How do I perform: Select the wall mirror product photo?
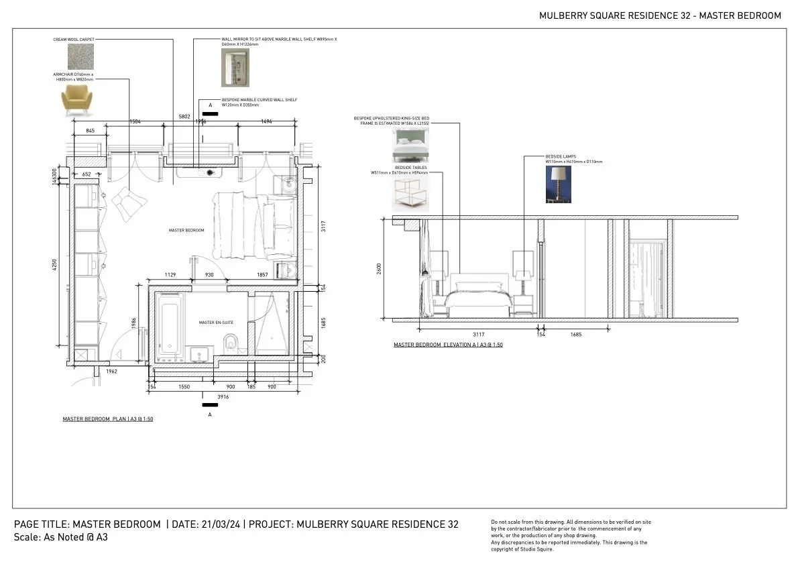[x=235, y=68]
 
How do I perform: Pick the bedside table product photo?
[x=410, y=193]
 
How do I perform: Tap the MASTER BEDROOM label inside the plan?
[x=186, y=230]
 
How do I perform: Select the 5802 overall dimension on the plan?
[x=184, y=117]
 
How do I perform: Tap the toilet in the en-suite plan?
[x=230, y=342]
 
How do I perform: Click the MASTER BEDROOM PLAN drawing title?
[x=111, y=419]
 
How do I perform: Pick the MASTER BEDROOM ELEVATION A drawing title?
[x=448, y=345]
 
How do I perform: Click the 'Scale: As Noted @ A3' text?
[x=61, y=537]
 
